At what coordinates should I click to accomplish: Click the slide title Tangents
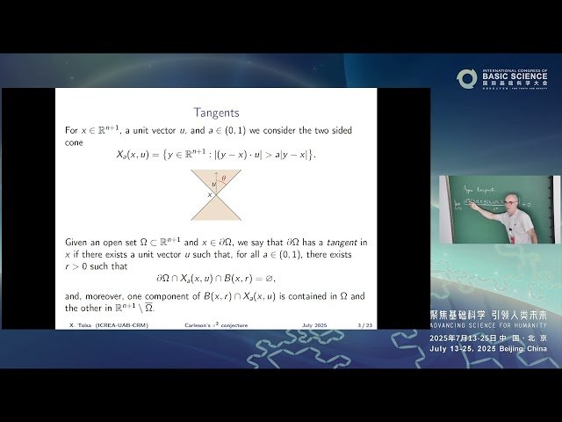[216, 112]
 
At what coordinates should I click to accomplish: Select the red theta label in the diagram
[223, 178]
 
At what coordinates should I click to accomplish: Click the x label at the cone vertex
[210, 194]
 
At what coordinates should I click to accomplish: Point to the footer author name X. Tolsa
[80, 324]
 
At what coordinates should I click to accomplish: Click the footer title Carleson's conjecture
[213, 324]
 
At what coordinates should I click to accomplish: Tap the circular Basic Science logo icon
[466, 79]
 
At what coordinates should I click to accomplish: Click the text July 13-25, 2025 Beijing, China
[487, 349]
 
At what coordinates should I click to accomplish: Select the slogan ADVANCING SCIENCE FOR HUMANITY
[487, 326]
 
